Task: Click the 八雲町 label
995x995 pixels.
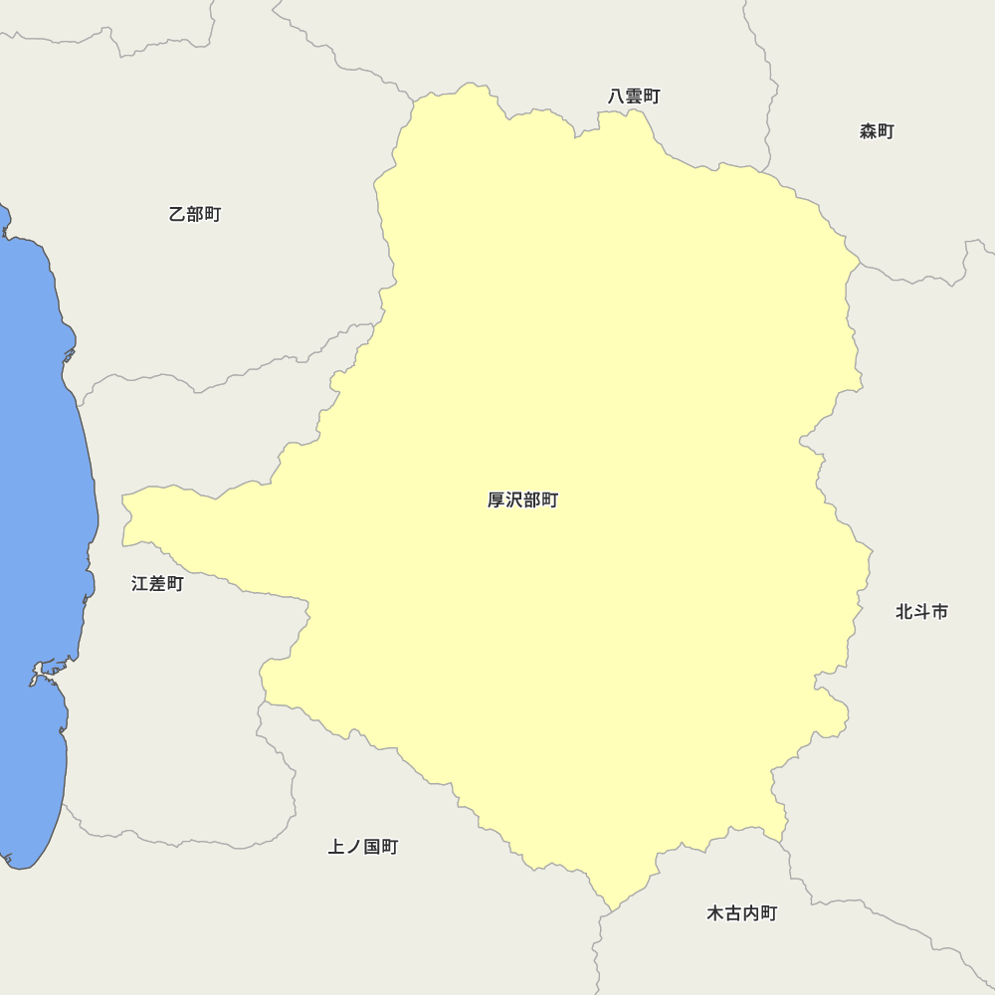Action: pos(634,97)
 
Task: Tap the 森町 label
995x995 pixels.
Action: pos(877,131)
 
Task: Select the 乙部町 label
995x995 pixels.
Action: pos(195,214)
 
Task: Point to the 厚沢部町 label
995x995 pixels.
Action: pos(522,500)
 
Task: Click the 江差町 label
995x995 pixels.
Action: pos(157,584)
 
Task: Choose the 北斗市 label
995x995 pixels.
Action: pos(921,612)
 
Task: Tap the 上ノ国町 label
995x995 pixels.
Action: pos(363,847)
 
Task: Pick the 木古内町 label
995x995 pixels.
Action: pos(741,913)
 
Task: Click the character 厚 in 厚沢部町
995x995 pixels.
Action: pos(497,500)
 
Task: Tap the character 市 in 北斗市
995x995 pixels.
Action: pos(939,612)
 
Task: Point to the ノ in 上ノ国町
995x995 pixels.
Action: pos(354,847)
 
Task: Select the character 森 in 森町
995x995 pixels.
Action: pos(868,131)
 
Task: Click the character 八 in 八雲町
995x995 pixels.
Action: pos(617,97)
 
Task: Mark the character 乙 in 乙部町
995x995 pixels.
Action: pos(177,214)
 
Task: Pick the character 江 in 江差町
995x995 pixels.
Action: pos(140,584)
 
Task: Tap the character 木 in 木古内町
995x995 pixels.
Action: pos(715,913)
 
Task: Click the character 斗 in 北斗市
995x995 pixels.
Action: pos(921,612)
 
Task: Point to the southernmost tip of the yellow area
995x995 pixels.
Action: pos(610,909)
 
